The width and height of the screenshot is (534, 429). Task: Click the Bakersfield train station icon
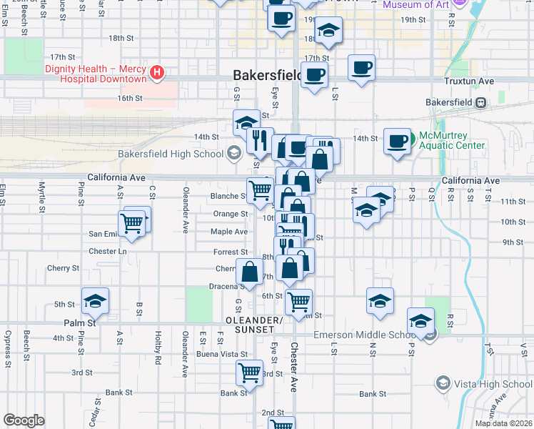click(x=481, y=102)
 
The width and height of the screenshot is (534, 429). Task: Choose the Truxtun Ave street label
click(x=469, y=82)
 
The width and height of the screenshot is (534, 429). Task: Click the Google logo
click(x=24, y=420)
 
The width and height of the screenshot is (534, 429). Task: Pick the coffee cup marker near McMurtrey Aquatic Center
click(x=398, y=141)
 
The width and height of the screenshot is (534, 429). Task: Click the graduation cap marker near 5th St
click(x=95, y=302)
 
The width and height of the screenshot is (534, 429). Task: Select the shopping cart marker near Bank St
click(x=250, y=372)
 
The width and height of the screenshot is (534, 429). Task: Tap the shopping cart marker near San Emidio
click(x=132, y=222)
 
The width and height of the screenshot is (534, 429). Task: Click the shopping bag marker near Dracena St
click(x=249, y=272)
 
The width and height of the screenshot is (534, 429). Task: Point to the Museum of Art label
click(x=415, y=5)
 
